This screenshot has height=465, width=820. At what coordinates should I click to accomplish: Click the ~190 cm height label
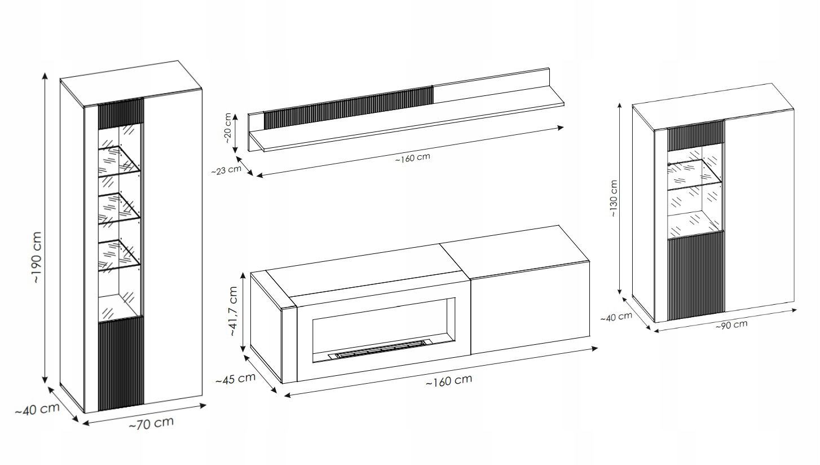pyautogui.click(x=37, y=257)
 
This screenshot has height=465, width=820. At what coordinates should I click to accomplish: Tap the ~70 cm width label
pyautogui.click(x=151, y=423)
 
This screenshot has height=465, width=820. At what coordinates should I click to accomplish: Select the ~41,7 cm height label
pyautogui.click(x=233, y=312)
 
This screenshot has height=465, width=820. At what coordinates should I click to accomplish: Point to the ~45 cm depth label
pyautogui.click(x=235, y=379)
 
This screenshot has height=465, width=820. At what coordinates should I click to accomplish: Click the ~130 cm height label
pyautogui.click(x=614, y=198)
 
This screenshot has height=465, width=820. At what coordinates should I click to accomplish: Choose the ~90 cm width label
pyautogui.click(x=731, y=324)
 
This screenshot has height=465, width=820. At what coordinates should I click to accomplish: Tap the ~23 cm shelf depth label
pyautogui.click(x=226, y=170)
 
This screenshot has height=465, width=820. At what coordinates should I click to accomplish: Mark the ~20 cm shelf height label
pyautogui.click(x=227, y=128)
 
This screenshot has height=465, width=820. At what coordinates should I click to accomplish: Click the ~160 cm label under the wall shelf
pyautogui.click(x=413, y=158)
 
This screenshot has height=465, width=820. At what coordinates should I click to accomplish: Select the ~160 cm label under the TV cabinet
pyautogui.click(x=449, y=381)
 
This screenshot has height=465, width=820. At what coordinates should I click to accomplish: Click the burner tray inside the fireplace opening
pyautogui.click(x=377, y=349)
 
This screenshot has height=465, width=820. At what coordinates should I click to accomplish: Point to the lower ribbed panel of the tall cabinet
pyautogui.click(x=121, y=364)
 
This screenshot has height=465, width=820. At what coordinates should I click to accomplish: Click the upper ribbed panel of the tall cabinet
pyautogui.click(x=121, y=113)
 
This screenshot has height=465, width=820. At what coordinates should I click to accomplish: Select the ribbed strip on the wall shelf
pyautogui.click(x=349, y=107)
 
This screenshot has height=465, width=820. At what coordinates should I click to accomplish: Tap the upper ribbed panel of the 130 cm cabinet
pyautogui.click(x=695, y=135)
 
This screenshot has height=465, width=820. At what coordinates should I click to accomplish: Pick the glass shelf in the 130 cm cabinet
pyautogui.click(x=694, y=174)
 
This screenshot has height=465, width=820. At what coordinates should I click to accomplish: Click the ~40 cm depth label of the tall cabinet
pyautogui.click(x=37, y=409)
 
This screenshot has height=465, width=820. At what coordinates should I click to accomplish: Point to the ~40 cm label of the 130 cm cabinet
pyautogui.click(x=616, y=317)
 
